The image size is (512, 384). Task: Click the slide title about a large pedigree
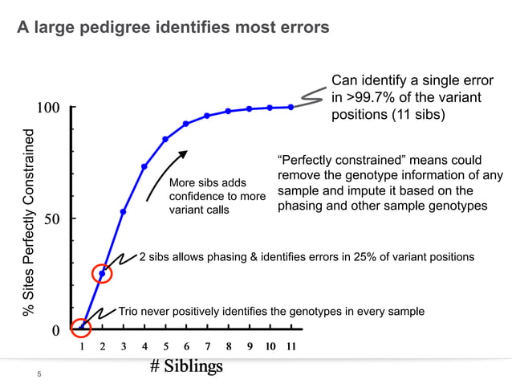(x=173, y=28)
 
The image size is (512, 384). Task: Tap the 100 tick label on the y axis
(x=51, y=108)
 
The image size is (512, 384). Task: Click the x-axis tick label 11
(x=291, y=346)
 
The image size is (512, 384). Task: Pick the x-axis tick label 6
(x=186, y=346)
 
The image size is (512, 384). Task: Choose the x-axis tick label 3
(x=123, y=346)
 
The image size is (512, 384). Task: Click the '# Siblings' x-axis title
(x=186, y=366)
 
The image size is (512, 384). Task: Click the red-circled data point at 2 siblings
(x=102, y=274)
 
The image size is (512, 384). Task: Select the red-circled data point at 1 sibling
(x=81, y=328)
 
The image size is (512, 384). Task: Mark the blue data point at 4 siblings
(x=144, y=166)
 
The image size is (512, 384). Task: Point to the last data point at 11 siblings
(x=291, y=107)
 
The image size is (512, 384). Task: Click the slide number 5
(x=37, y=373)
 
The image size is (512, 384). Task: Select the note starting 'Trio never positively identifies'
(x=271, y=311)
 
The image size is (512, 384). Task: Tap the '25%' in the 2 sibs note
(x=364, y=257)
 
